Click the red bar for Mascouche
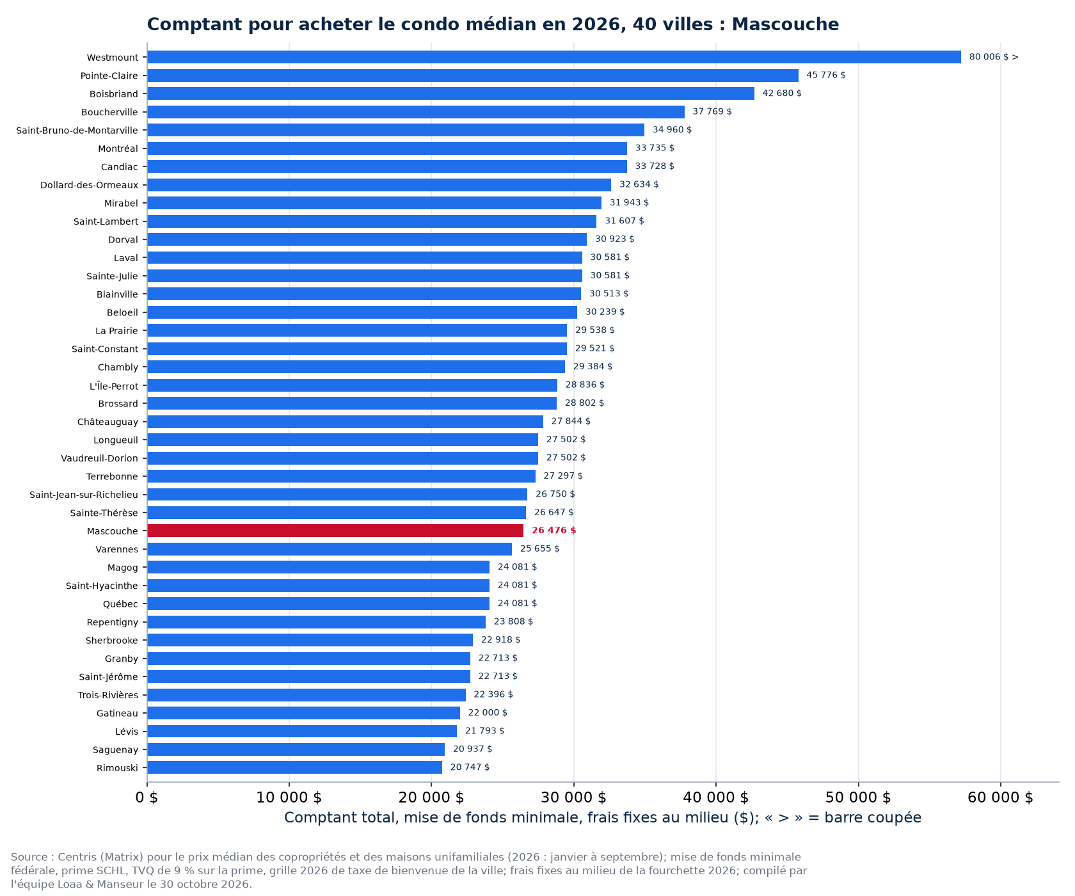335,531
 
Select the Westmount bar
554,57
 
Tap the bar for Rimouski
294,767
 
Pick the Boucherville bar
416,112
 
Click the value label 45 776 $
826,75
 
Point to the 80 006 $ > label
994,57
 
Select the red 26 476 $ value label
554,531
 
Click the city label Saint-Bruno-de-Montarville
77,131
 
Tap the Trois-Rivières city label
108,695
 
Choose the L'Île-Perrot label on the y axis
114,386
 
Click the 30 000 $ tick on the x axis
574,797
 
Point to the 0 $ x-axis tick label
147,797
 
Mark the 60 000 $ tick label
1001,797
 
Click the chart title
493,24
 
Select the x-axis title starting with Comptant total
603,818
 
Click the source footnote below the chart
409,870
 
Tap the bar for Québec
318,604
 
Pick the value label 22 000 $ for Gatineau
488,712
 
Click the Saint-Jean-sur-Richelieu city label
84,495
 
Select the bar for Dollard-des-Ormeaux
379,185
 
